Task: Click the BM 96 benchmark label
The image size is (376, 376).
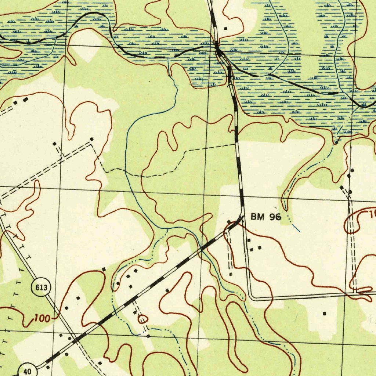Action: point(266,217)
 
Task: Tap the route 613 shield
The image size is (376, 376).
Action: point(41,288)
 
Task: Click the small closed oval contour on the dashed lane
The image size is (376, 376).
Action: point(142,319)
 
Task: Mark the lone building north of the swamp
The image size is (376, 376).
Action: point(225,28)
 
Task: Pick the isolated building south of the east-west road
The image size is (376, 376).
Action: point(324,314)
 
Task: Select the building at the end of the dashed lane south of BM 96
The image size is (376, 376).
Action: point(231,274)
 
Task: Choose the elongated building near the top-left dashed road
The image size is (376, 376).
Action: point(25,100)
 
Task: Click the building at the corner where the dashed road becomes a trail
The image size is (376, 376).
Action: point(92,140)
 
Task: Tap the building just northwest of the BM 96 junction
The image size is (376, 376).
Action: point(229,222)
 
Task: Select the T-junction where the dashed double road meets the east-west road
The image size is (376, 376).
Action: point(354,293)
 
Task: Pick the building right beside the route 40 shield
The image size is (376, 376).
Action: point(47,367)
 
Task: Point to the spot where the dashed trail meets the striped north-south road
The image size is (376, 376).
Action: point(236,144)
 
